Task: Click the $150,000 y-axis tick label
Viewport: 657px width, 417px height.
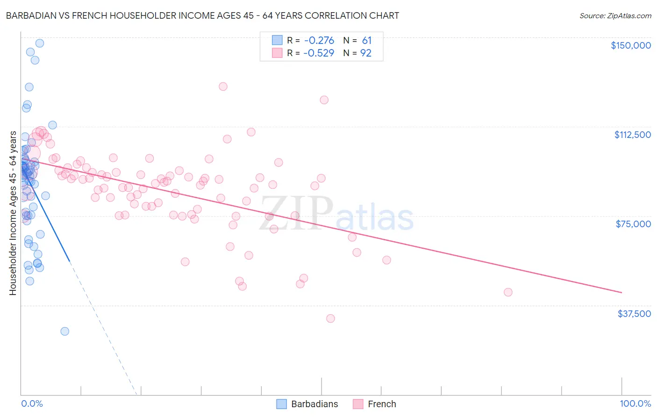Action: pyautogui.click(x=630, y=45)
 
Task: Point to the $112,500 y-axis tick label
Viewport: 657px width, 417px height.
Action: pyautogui.click(x=632, y=135)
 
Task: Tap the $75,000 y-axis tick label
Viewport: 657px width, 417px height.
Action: pyautogui.click(x=633, y=224)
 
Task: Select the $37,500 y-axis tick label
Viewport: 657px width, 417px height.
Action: pyautogui.click(x=634, y=314)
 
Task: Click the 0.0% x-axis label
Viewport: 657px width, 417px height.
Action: pyautogui.click(x=32, y=404)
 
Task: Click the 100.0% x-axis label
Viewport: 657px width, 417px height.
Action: pyautogui.click(x=635, y=404)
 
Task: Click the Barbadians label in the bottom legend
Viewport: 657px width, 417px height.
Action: pyautogui.click(x=314, y=404)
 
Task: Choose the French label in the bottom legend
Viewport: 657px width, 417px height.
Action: pyautogui.click(x=382, y=404)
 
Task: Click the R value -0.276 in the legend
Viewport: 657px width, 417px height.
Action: pyautogui.click(x=319, y=41)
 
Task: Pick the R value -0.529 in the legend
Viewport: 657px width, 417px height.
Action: pyautogui.click(x=319, y=53)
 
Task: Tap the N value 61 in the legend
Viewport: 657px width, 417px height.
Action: pyautogui.click(x=367, y=41)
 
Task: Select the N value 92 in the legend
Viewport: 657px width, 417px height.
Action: pyautogui.click(x=366, y=53)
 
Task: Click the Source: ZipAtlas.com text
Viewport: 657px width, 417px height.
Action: pyautogui.click(x=615, y=16)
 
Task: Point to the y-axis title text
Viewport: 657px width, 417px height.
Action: pyautogui.click(x=13, y=213)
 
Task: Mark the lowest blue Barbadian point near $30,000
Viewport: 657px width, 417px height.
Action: pyautogui.click(x=64, y=331)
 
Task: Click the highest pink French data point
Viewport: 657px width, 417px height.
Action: pyautogui.click(x=223, y=86)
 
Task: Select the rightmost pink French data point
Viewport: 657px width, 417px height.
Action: pyautogui.click(x=508, y=292)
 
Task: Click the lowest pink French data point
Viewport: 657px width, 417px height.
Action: pyautogui.click(x=330, y=318)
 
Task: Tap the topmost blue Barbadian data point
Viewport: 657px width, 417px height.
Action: pyautogui.click(x=40, y=43)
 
